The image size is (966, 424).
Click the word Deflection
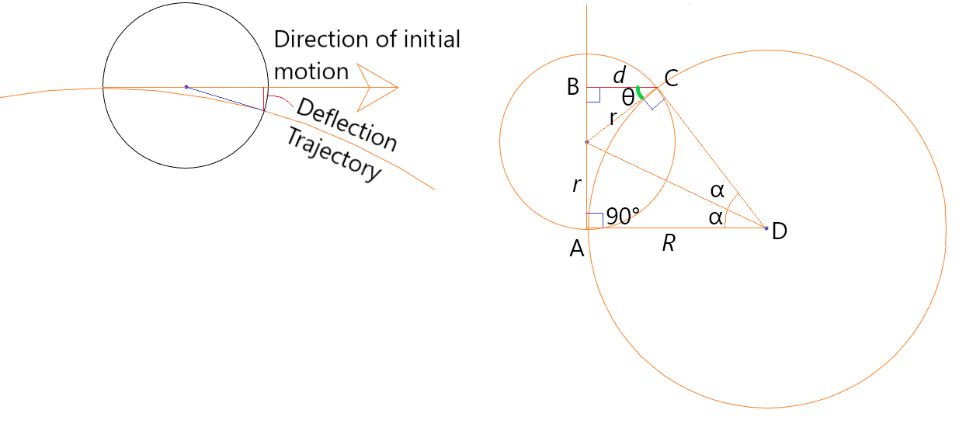tap(346, 124)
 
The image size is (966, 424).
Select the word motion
tap(311, 71)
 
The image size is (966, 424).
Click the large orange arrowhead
tap(378, 87)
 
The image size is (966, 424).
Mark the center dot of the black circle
tap(186, 87)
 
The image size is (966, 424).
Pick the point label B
tap(573, 87)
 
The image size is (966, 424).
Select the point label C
tap(671, 78)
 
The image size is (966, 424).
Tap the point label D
tap(780, 231)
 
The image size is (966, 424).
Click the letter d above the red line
tap(619, 76)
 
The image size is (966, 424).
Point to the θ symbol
tap(627, 97)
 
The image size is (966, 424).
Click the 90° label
tap(623, 217)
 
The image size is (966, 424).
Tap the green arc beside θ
tap(639, 92)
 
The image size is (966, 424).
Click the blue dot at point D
tap(766, 228)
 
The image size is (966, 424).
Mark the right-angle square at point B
tap(592, 95)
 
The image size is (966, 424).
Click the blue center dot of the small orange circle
tap(587, 142)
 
